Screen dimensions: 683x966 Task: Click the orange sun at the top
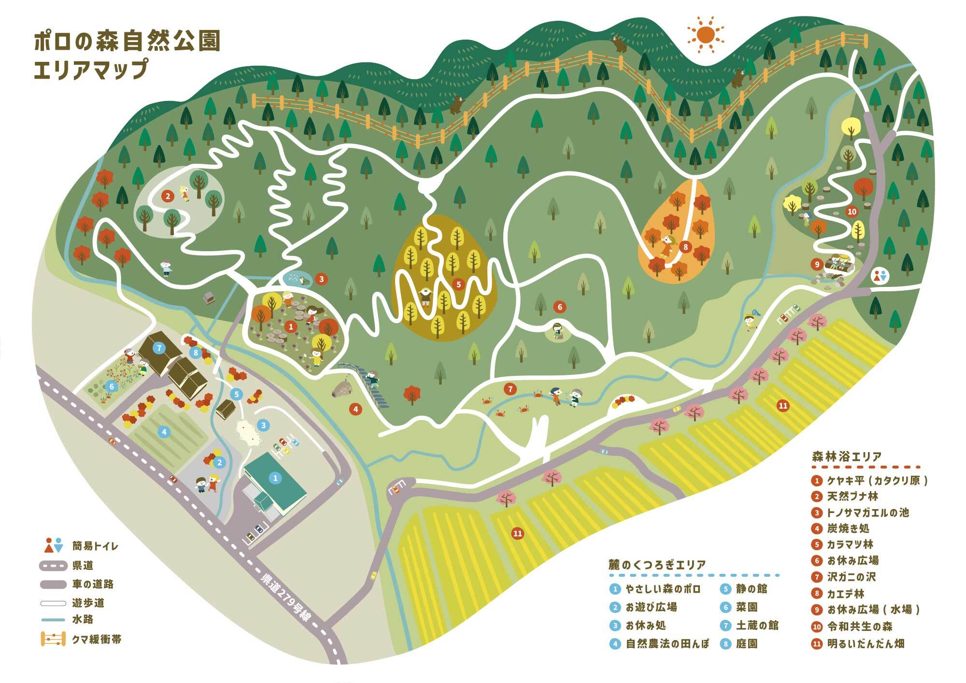(x=705, y=34)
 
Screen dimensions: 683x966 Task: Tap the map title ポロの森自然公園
(x=127, y=42)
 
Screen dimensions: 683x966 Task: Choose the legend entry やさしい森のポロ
(x=662, y=589)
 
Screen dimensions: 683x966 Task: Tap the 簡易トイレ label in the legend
(x=95, y=546)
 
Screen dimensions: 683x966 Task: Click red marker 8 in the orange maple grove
(x=685, y=247)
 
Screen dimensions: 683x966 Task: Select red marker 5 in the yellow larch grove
(x=458, y=285)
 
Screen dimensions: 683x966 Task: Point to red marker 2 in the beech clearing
(x=168, y=196)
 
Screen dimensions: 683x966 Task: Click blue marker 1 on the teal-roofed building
(x=275, y=478)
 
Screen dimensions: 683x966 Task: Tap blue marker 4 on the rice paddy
(x=164, y=432)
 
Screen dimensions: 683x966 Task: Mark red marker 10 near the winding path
(x=852, y=212)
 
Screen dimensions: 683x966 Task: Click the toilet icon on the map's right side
(x=880, y=276)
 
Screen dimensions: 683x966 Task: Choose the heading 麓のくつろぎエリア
(x=657, y=565)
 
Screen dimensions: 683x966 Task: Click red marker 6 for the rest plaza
(x=560, y=307)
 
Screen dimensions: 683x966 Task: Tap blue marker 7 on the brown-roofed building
(x=159, y=348)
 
